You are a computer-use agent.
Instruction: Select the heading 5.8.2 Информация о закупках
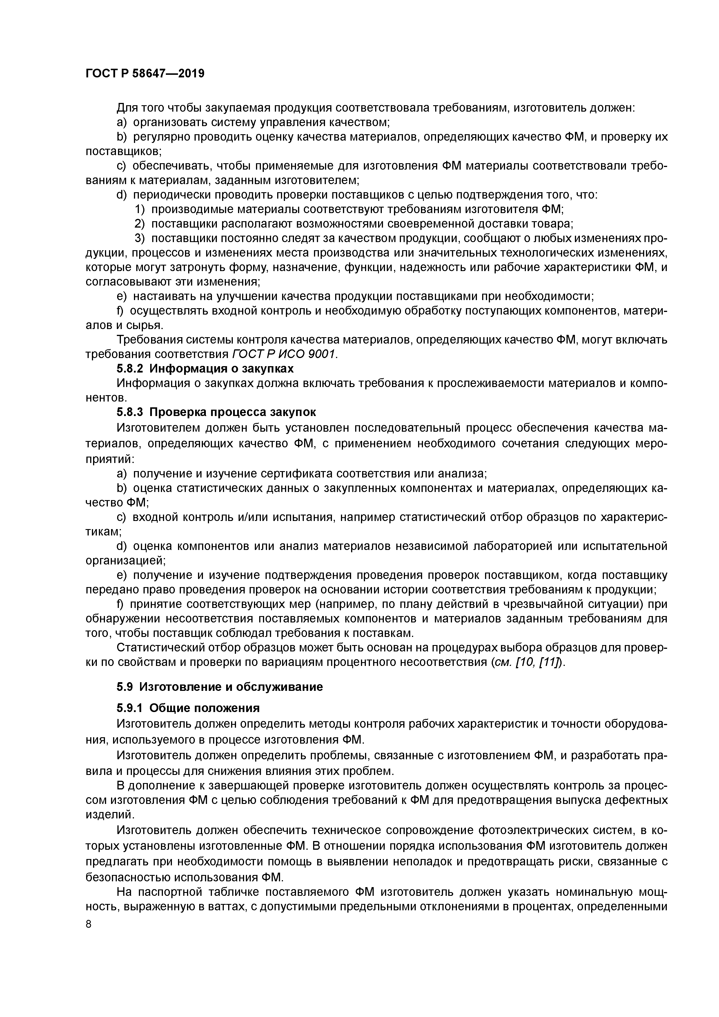pyautogui.click(x=205, y=368)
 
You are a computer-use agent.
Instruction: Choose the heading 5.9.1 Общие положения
pyautogui.click(x=188, y=708)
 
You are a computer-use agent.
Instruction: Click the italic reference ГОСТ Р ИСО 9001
pyautogui.click(x=284, y=354)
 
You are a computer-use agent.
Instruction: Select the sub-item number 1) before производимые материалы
pyautogui.click(x=140, y=209)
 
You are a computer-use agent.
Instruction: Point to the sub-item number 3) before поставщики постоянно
pyautogui.click(x=140, y=238)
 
